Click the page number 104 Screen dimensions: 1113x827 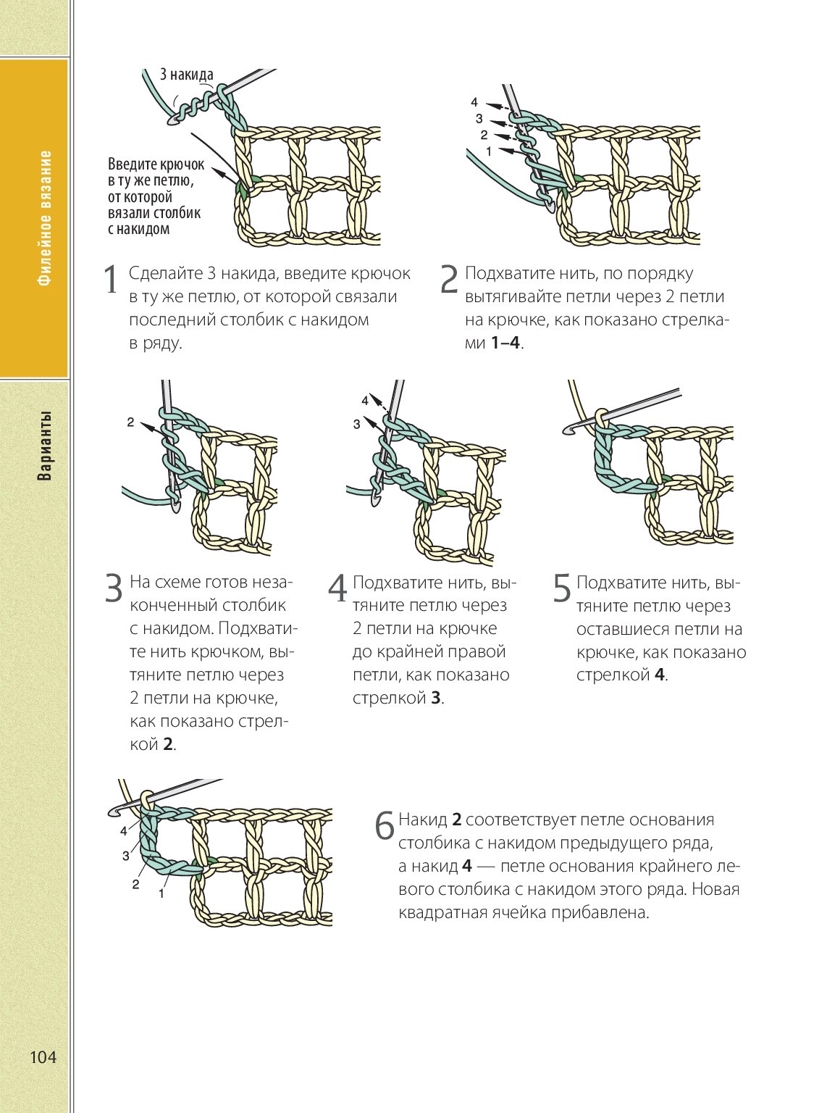43,1057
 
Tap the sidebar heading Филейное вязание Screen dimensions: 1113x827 46,218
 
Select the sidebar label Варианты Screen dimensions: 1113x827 45,446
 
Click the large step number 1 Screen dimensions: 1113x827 110,280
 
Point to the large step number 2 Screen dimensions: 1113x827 449,280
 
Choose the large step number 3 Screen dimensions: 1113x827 114,588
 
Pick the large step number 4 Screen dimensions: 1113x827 337,588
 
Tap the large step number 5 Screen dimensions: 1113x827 562,588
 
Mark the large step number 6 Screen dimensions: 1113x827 385,826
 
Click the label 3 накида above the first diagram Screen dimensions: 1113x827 186,75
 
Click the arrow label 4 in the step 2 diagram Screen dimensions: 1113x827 474,102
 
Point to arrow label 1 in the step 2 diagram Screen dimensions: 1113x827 489,151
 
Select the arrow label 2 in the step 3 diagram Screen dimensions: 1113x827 130,422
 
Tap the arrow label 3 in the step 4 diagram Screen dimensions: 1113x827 356,425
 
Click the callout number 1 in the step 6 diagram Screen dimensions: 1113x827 161,894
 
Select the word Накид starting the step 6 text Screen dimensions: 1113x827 423,820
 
